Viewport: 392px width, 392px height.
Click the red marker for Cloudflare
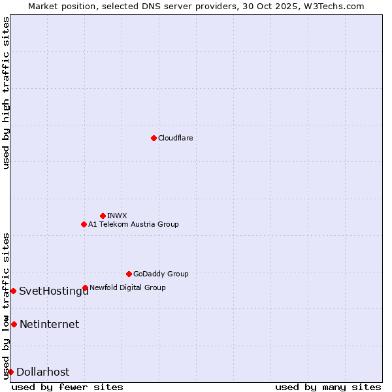tap(154, 138)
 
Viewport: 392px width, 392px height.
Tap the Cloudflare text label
tap(176, 138)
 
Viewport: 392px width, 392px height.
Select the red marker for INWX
tap(103, 216)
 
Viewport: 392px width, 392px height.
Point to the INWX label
tap(118, 216)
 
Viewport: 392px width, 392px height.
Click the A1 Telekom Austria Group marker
tap(84, 224)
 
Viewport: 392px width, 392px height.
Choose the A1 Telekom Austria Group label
tap(133, 224)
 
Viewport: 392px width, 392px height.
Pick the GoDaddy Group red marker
tap(129, 274)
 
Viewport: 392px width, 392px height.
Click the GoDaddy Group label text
tap(161, 274)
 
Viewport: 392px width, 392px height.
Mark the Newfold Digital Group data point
tap(85, 287)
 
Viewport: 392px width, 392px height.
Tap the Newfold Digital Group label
tap(127, 287)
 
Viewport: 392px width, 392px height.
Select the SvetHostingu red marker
tap(13, 291)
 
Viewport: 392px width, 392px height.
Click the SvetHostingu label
tap(54, 291)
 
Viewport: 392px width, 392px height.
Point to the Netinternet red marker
tap(14, 324)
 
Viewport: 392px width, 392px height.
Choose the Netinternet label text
tap(49, 324)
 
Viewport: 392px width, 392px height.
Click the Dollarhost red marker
tap(10, 372)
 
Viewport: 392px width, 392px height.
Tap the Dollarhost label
tap(42, 372)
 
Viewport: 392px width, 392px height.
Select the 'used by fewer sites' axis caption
tap(67, 387)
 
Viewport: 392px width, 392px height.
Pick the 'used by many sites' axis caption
tap(328, 387)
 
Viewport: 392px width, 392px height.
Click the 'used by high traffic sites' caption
tap(6, 93)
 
